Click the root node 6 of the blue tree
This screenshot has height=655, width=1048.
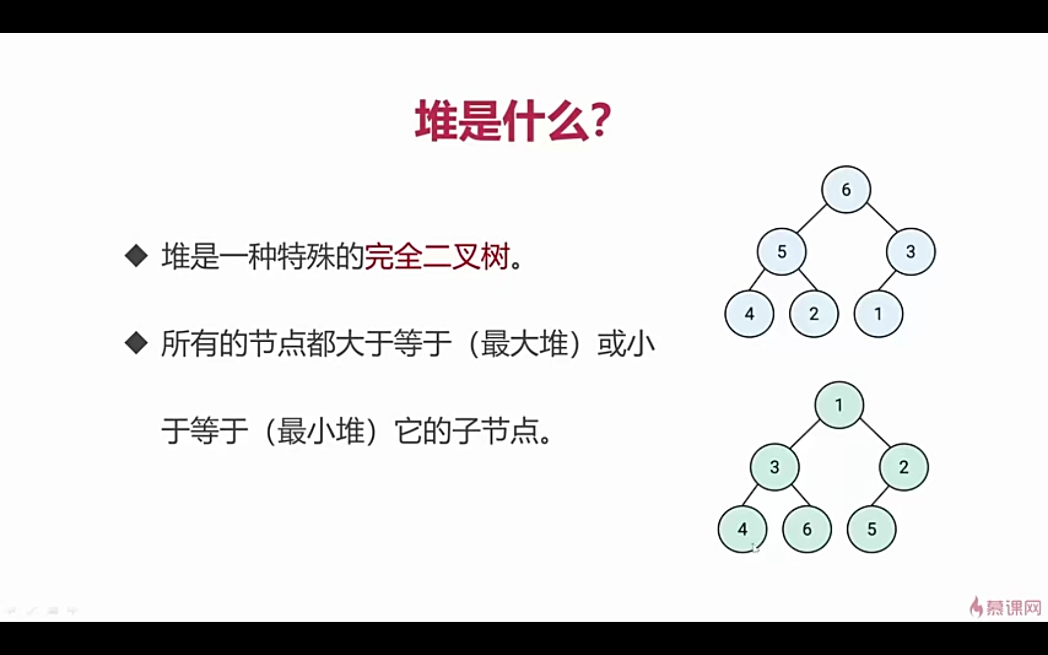tap(845, 189)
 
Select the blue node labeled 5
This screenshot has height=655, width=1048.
tap(781, 252)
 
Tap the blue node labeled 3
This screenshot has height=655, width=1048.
tap(910, 252)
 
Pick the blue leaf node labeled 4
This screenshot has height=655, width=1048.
tap(749, 314)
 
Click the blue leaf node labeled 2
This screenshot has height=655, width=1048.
tap(813, 314)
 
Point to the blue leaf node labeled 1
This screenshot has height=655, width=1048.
tap(878, 314)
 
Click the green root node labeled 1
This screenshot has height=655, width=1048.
tap(839, 405)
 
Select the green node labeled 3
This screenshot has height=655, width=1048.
tap(774, 467)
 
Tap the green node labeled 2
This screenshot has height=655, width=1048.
tap(903, 467)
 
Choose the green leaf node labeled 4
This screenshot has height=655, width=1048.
tap(742, 529)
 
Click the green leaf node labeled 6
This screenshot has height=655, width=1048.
tap(806, 529)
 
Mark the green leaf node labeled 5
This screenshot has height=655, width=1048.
tap(871, 529)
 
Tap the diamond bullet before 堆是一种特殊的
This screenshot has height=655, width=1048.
tap(136, 255)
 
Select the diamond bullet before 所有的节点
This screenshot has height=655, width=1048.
tap(136, 343)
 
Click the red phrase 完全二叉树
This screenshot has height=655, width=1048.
tap(437, 256)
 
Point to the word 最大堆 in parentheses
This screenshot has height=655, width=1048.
tap(525, 344)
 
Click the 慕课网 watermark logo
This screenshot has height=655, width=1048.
tap(1006, 606)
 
